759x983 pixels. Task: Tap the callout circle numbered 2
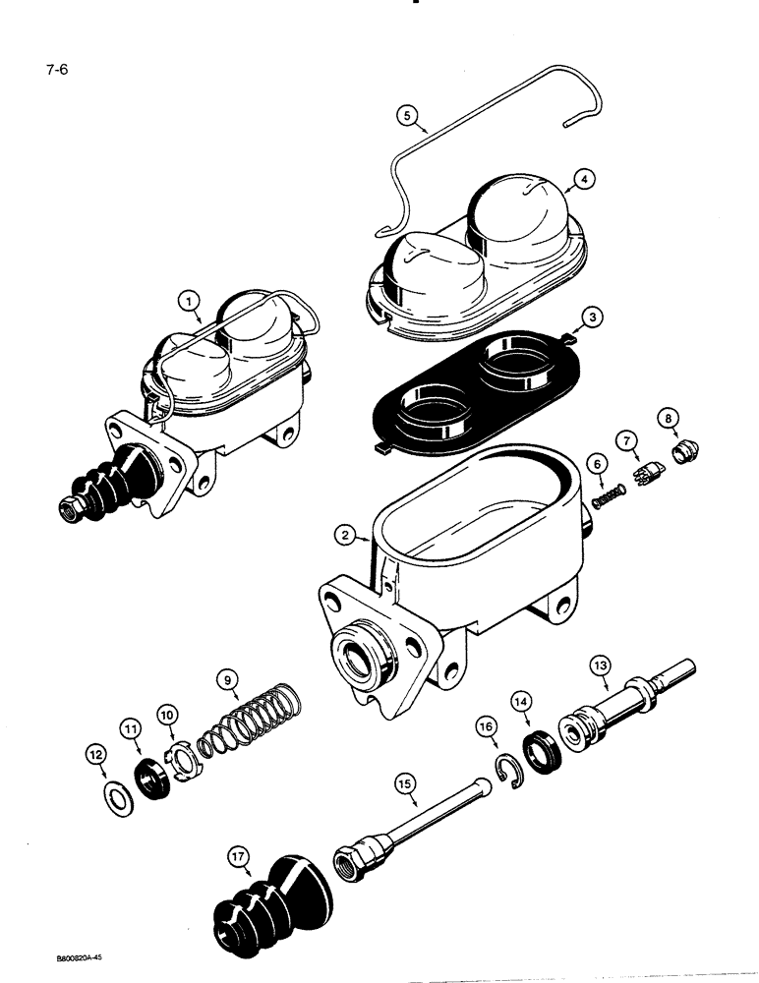point(343,535)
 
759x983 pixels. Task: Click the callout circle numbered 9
point(228,677)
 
